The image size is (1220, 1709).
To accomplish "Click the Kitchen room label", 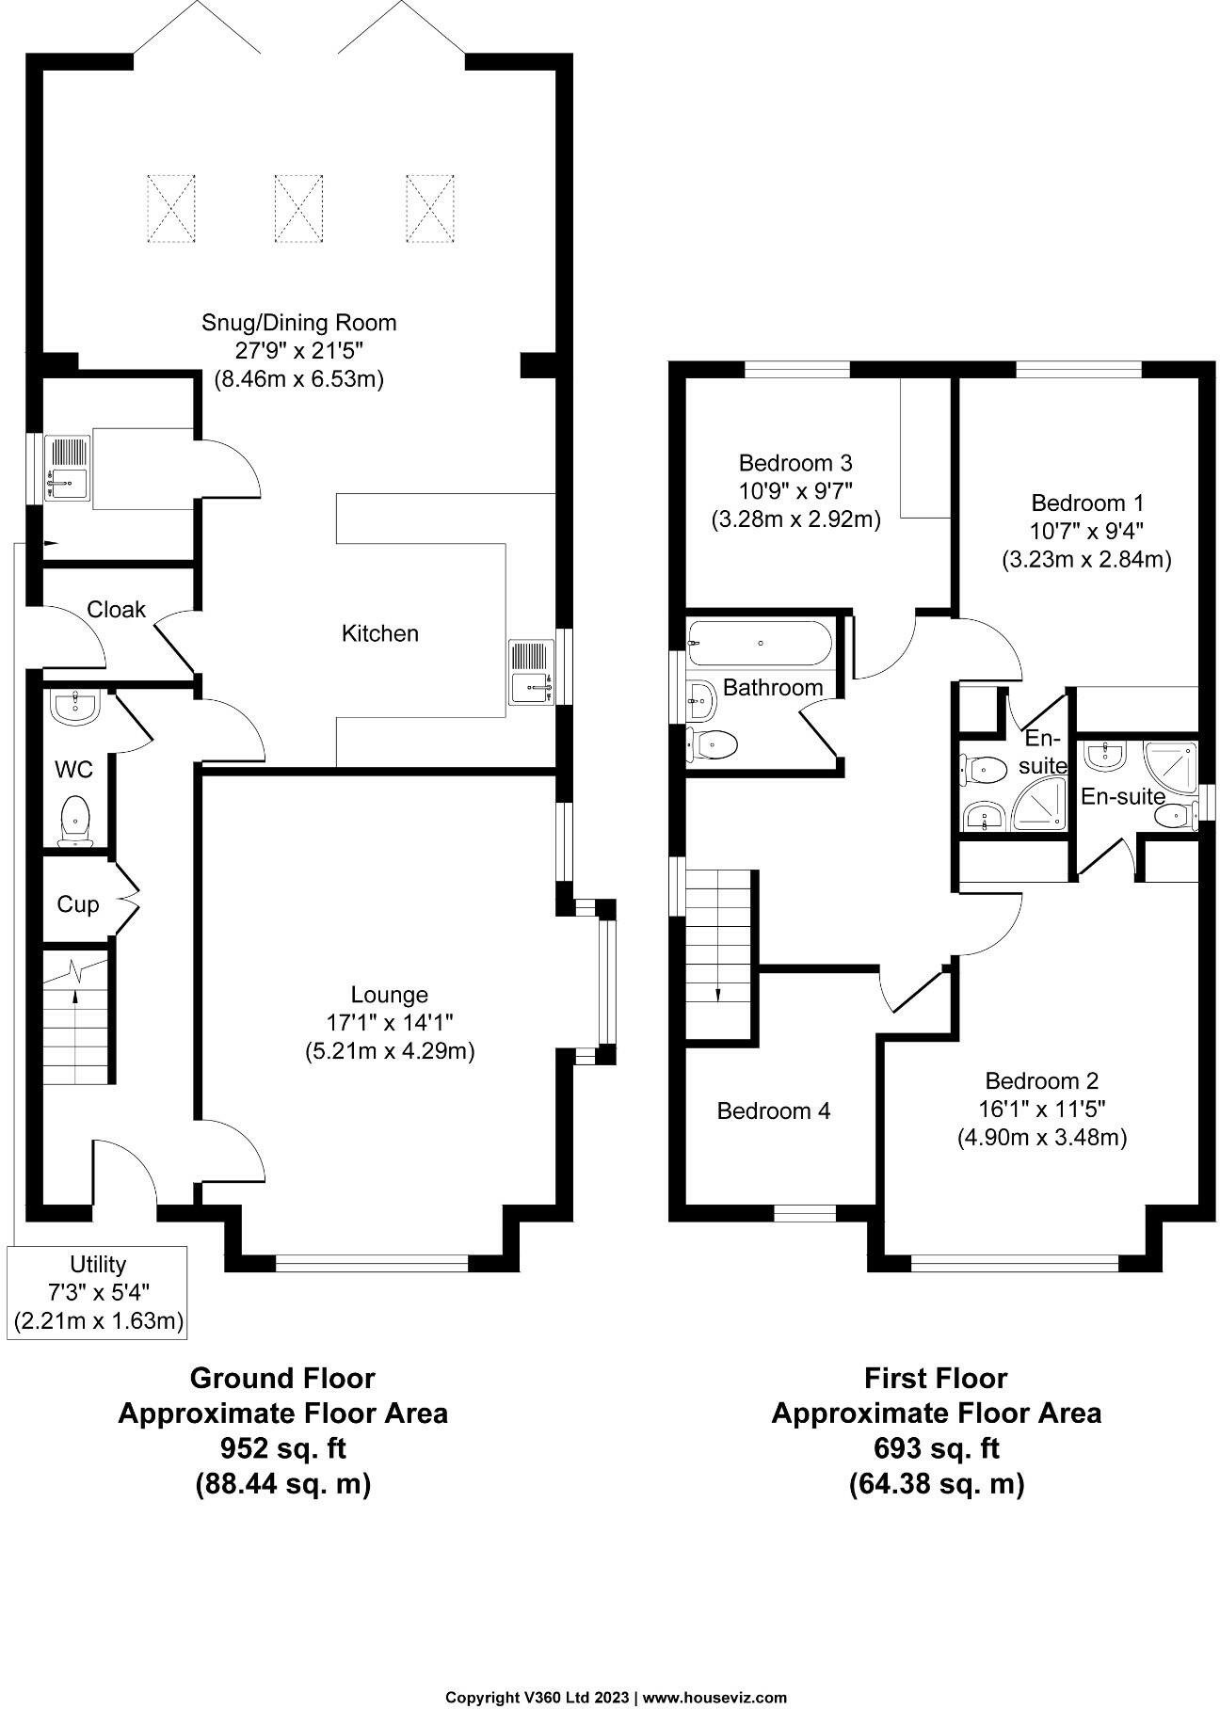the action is point(379,633).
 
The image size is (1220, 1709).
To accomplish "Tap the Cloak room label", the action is point(116,610).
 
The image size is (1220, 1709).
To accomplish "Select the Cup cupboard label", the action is point(77,904).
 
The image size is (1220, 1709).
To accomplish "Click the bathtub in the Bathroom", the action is point(760,644).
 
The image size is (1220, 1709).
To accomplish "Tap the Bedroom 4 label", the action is point(773,1111).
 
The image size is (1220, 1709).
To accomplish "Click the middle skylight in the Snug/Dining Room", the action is point(298,207).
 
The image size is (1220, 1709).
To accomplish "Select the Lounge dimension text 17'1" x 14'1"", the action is point(389,1023).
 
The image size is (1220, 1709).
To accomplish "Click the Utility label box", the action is point(98,1292).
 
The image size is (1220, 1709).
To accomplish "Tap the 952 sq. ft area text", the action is point(282,1447).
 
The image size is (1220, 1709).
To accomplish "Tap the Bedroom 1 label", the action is point(1086,503).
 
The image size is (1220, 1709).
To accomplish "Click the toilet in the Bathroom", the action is point(713,745).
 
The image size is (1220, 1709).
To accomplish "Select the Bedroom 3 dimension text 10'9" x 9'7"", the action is point(795,491).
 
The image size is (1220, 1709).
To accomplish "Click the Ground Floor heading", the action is point(282,1379).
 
